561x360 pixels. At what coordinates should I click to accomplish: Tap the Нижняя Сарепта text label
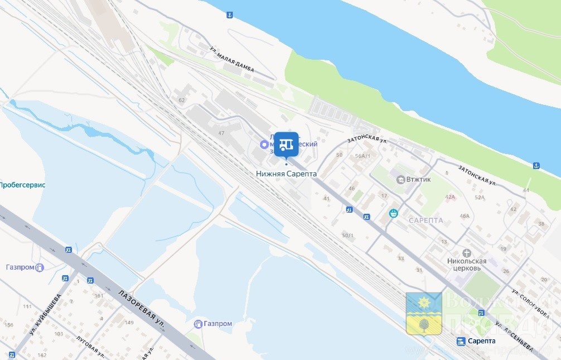click(286, 174)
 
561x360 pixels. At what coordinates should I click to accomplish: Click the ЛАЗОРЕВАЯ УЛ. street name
click(142, 310)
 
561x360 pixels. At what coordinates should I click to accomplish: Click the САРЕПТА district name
click(425, 220)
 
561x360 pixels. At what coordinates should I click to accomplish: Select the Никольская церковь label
click(467, 264)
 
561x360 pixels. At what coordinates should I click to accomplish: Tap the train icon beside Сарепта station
click(461, 342)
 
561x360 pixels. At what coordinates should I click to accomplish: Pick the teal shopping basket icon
click(394, 213)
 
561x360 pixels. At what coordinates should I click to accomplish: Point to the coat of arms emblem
click(424, 314)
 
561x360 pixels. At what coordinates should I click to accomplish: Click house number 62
click(181, 100)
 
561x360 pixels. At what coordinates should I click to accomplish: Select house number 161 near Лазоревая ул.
click(99, 296)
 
